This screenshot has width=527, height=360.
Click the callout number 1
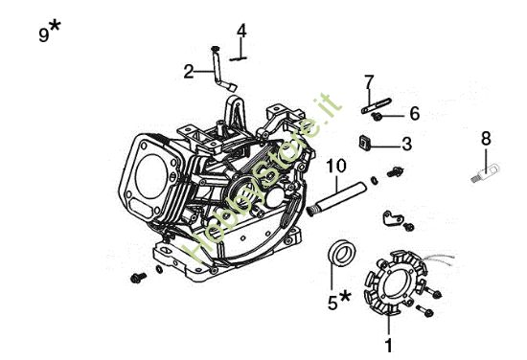pyautogui.click(x=388, y=345)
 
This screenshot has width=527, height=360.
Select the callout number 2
pyautogui.click(x=189, y=72)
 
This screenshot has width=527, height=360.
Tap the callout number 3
pyautogui.click(x=406, y=144)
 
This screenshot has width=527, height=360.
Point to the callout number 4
pyautogui.click(x=241, y=31)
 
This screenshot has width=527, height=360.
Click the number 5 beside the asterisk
pyautogui.click(x=332, y=304)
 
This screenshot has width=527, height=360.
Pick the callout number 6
pyautogui.click(x=415, y=113)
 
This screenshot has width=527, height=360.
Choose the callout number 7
pyautogui.click(x=369, y=82)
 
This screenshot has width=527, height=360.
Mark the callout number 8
pyautogui.click(x=486, y=138)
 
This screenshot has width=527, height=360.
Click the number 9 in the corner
pyautogui.click(x=44, y=34)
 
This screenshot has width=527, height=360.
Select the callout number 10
pyautogui.click(x=336, y=166)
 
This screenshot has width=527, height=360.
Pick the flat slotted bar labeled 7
pyautogui.click(x=377, y=105)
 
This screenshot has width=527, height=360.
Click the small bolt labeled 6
pyautogui.click(x=377, y=117)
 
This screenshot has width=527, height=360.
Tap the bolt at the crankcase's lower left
pyautogui.click(x=138, y=278)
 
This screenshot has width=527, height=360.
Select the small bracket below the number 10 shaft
pyautogui.click(x=392, y=218)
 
